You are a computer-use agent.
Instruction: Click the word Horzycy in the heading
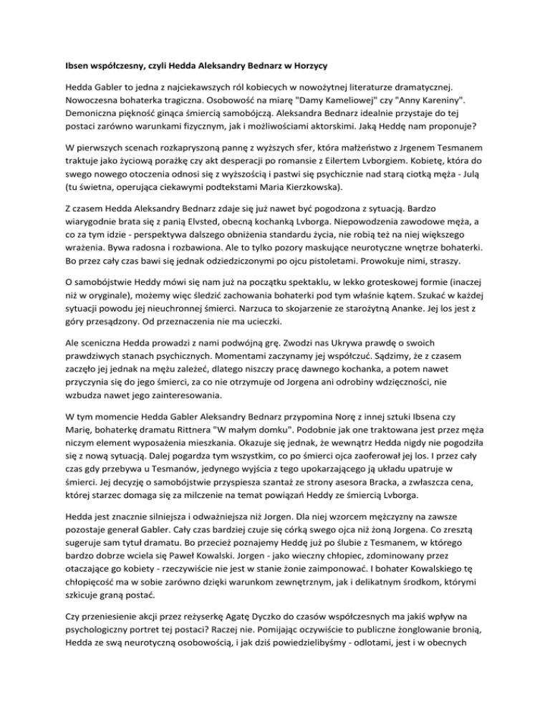[307, 66]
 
